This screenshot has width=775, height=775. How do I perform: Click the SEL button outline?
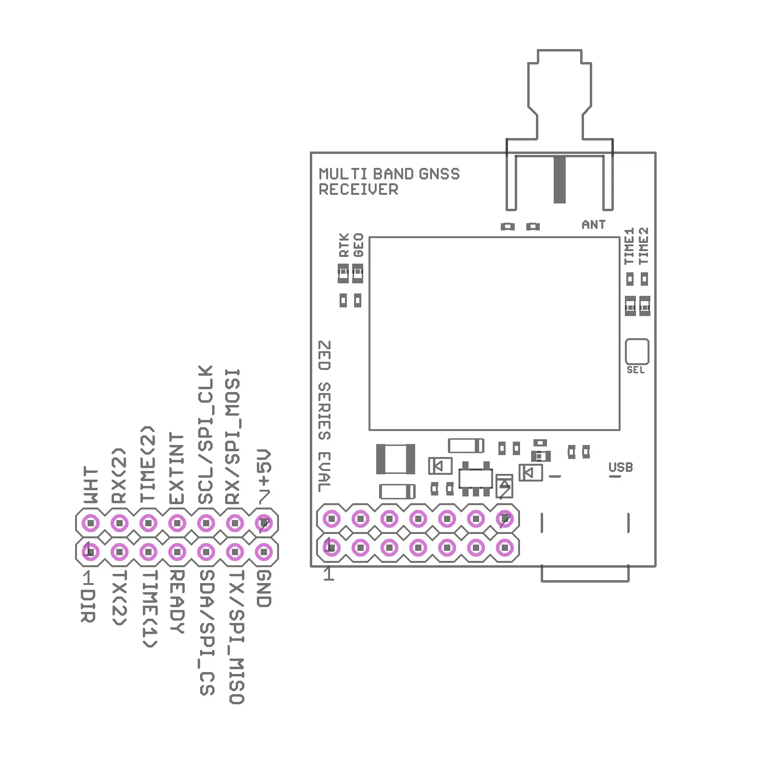pos(636,351)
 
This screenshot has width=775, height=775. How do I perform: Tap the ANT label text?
pos(593,225)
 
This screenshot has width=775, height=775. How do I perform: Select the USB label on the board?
pos(620,467)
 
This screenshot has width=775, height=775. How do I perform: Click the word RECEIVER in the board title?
pos(358,190)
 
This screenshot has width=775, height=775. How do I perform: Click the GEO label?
pos(358,245)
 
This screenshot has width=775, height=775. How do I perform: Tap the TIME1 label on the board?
pos(629,246)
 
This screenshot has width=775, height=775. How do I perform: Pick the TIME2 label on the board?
pos(644,246)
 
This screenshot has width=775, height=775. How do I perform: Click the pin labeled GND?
pos(264,551)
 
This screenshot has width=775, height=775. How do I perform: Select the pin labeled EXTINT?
pos(177,522)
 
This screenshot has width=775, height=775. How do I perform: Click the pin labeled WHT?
pos(90,522)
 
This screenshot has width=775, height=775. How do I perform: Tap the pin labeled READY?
pos(177,551)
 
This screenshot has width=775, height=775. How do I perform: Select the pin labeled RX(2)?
pos(119,522)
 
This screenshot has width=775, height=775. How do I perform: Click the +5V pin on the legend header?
pos(264,522)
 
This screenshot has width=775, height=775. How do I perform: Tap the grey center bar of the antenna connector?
pos(559,179)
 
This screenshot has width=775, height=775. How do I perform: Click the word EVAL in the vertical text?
pos(325,471)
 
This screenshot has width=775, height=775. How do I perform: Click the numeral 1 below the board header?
pos(329,574)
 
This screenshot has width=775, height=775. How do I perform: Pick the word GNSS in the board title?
pos(439,174)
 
